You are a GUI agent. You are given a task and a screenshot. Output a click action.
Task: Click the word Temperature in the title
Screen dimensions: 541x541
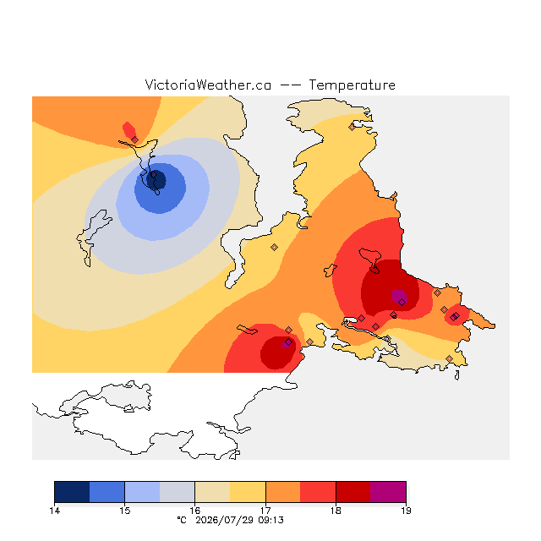coord(352,85)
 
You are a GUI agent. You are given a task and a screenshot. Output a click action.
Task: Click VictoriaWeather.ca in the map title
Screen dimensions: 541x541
coord(208,85)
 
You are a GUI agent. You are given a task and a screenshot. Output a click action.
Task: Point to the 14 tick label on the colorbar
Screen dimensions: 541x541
coord(54,511)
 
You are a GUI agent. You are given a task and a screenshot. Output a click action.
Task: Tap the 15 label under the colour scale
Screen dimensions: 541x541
coord(124,511)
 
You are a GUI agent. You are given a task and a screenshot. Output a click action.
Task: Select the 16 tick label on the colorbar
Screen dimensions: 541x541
coord(195,511)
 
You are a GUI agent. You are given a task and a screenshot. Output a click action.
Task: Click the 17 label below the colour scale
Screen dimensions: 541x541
coord(265,511)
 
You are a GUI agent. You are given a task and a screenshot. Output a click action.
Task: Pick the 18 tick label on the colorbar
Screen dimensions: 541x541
coord(336,511)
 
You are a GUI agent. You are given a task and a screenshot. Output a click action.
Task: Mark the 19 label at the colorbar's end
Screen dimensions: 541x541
coord(406,511)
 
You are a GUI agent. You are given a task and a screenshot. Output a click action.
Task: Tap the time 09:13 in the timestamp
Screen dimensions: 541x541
coord(270,521)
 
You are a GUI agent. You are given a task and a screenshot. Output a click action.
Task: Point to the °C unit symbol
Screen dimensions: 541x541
coord(182,520)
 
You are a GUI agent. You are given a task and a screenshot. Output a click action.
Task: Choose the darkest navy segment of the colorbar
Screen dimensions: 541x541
coord(72,492)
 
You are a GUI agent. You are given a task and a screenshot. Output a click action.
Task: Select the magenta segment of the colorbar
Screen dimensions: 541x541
coord(388,492)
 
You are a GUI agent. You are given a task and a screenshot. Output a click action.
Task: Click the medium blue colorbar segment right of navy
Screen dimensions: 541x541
coord(107,492)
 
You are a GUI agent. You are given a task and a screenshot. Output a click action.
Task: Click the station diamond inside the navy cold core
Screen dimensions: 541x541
coord(154,175)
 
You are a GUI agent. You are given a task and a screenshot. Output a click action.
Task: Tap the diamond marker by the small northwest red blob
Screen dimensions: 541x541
coord(135,139)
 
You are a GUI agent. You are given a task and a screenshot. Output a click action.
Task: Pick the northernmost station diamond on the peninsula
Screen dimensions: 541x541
coord(352,128)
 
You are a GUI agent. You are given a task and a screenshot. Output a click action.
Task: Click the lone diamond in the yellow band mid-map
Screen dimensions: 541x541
coord(274,247)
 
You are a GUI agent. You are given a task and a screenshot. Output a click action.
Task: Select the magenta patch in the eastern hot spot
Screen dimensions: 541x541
coord(398,296)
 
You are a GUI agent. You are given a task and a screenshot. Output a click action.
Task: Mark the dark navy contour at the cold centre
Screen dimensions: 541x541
coord(156,180)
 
